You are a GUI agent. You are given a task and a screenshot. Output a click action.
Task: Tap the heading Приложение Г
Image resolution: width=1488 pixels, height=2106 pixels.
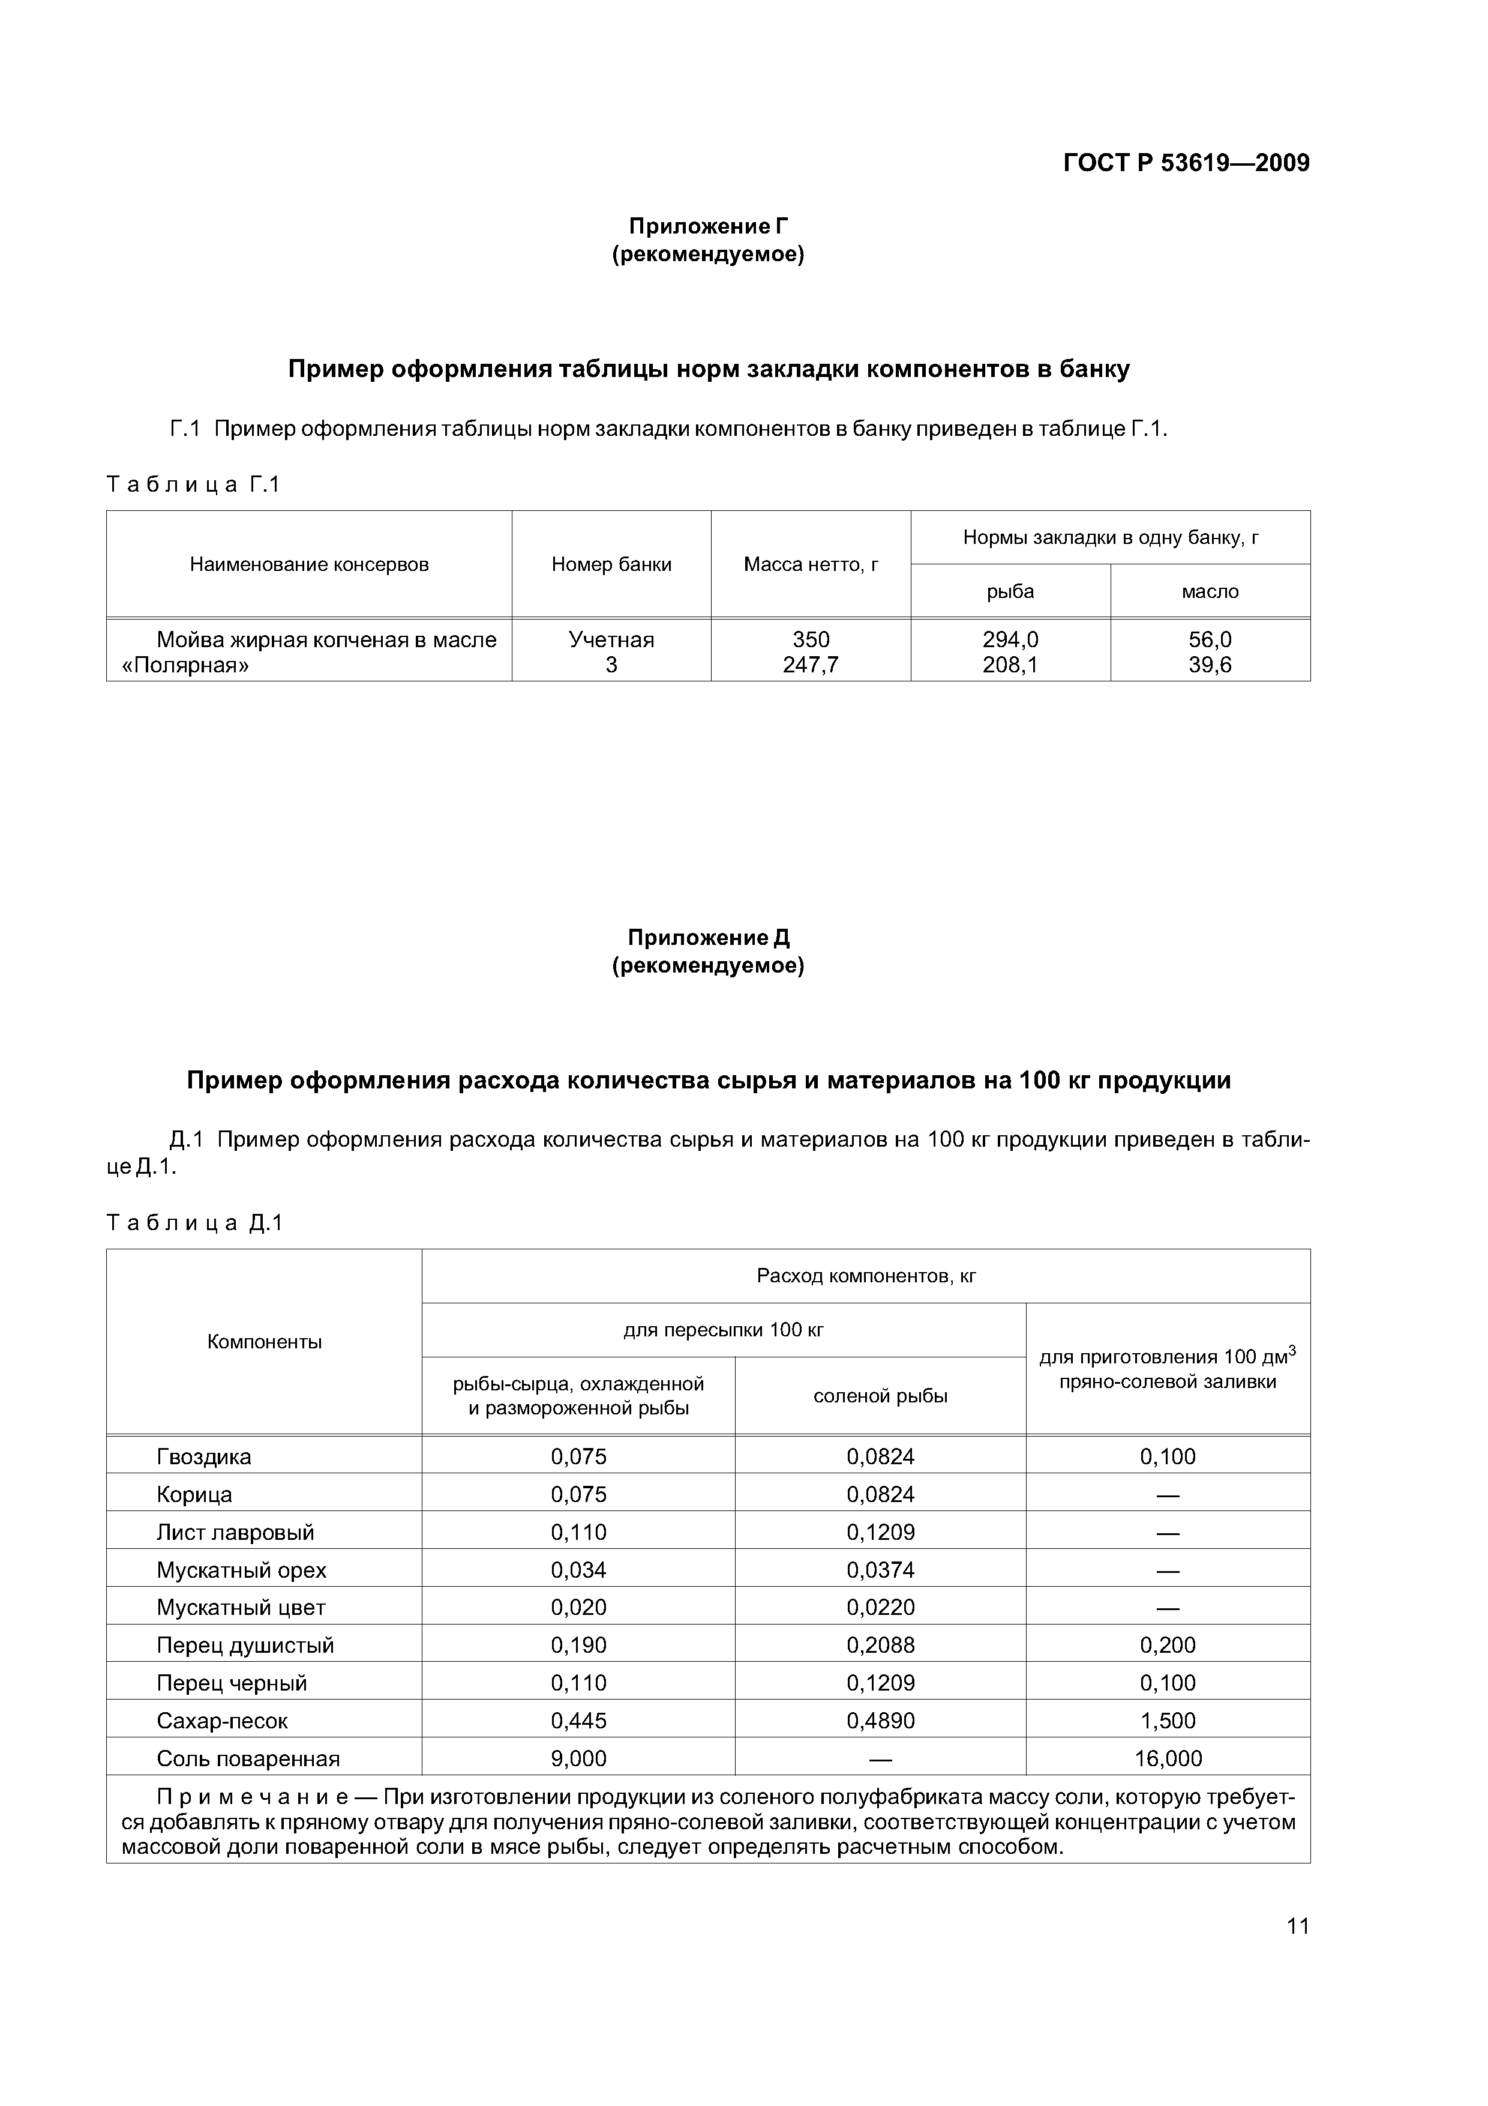[x=708, y=226]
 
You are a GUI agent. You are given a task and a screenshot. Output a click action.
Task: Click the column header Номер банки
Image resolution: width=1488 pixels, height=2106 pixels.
[x=611, y=565]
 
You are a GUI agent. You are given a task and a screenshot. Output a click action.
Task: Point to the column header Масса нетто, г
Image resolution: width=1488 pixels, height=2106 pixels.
[x=811, y=565]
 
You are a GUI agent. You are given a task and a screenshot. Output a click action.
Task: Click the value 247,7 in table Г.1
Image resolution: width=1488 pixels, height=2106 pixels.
[x=811, y=665]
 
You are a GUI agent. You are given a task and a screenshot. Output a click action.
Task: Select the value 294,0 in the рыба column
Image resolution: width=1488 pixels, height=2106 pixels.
[x=1010, y=639]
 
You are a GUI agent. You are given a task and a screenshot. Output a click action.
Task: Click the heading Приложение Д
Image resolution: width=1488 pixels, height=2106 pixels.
[x=708, y=937]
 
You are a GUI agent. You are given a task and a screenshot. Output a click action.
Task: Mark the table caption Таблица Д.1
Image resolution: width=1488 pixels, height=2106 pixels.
[x=194, y=1223]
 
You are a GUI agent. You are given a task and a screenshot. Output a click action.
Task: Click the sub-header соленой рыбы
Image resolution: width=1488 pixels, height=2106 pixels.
[x=880, y=1396]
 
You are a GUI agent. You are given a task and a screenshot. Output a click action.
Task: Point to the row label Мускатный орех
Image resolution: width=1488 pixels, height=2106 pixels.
[x=241, y=1569]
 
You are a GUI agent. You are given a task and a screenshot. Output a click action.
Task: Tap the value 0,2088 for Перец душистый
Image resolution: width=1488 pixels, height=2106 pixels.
[x=880, y=1644]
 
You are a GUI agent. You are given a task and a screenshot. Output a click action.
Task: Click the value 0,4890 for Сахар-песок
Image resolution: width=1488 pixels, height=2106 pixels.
[x=880, y=1721]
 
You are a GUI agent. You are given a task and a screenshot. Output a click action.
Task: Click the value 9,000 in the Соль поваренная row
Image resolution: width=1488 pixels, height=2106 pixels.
[x=578, y=1758]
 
